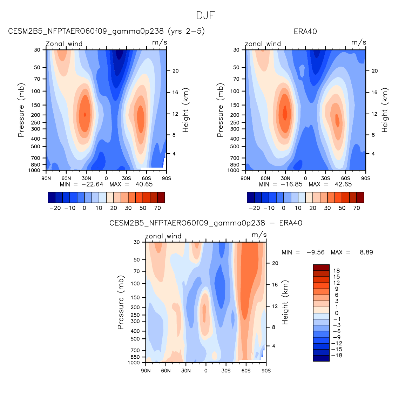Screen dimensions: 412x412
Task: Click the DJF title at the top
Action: tap(206, 15)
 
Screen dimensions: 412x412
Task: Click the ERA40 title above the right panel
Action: tap(305, 32)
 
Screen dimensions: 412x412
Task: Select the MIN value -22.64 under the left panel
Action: tap(92, 184)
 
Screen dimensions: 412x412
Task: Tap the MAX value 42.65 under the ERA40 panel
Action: tap(343, 184)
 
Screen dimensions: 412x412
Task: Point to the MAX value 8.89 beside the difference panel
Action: tap(366, 252)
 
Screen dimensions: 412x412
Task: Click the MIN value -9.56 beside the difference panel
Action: tap(315, 252)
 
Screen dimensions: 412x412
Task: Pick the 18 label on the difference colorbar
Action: tap(337, 271)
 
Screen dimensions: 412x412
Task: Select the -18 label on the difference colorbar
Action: tap(337, 356)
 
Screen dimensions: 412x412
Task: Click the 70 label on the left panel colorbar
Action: tap(157, 208)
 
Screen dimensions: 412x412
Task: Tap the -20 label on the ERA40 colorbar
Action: tap(254, 208)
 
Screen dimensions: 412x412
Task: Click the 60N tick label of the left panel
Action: tap(66, 178)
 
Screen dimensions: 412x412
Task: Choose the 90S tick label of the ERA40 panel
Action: tap(365, 178)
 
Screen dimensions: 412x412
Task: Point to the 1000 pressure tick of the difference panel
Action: tap(134, 363)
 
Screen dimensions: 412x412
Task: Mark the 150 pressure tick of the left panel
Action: tap(36, 105)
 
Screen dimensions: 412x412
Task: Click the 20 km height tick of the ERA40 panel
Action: tap(375, 71)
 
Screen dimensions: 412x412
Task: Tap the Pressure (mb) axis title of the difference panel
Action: tap(121, 302)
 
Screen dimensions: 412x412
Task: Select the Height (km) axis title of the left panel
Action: tap(185, 110)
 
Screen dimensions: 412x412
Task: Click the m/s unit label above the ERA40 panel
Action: tap(359, 42)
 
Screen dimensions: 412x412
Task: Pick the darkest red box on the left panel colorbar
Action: tap(161, 197)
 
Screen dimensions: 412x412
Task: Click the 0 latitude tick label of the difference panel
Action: tap(206, 371)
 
